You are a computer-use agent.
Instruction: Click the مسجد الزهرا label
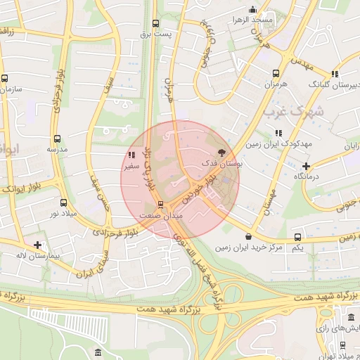pos(236,20)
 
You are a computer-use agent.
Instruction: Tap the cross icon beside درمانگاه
pos(306,167)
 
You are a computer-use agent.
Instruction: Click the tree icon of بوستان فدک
pos(221,151)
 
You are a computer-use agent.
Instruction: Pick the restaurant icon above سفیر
pos(131,155)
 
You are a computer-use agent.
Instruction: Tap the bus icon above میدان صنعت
pos(161,205)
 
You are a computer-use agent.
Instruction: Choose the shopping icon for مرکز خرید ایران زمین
pos(247,237)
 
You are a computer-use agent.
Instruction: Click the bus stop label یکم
pos(298,248)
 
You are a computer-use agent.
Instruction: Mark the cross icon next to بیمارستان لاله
pos(37,245)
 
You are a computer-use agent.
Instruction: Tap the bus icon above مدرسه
pos(57,139)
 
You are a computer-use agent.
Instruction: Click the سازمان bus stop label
pos(12,89)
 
